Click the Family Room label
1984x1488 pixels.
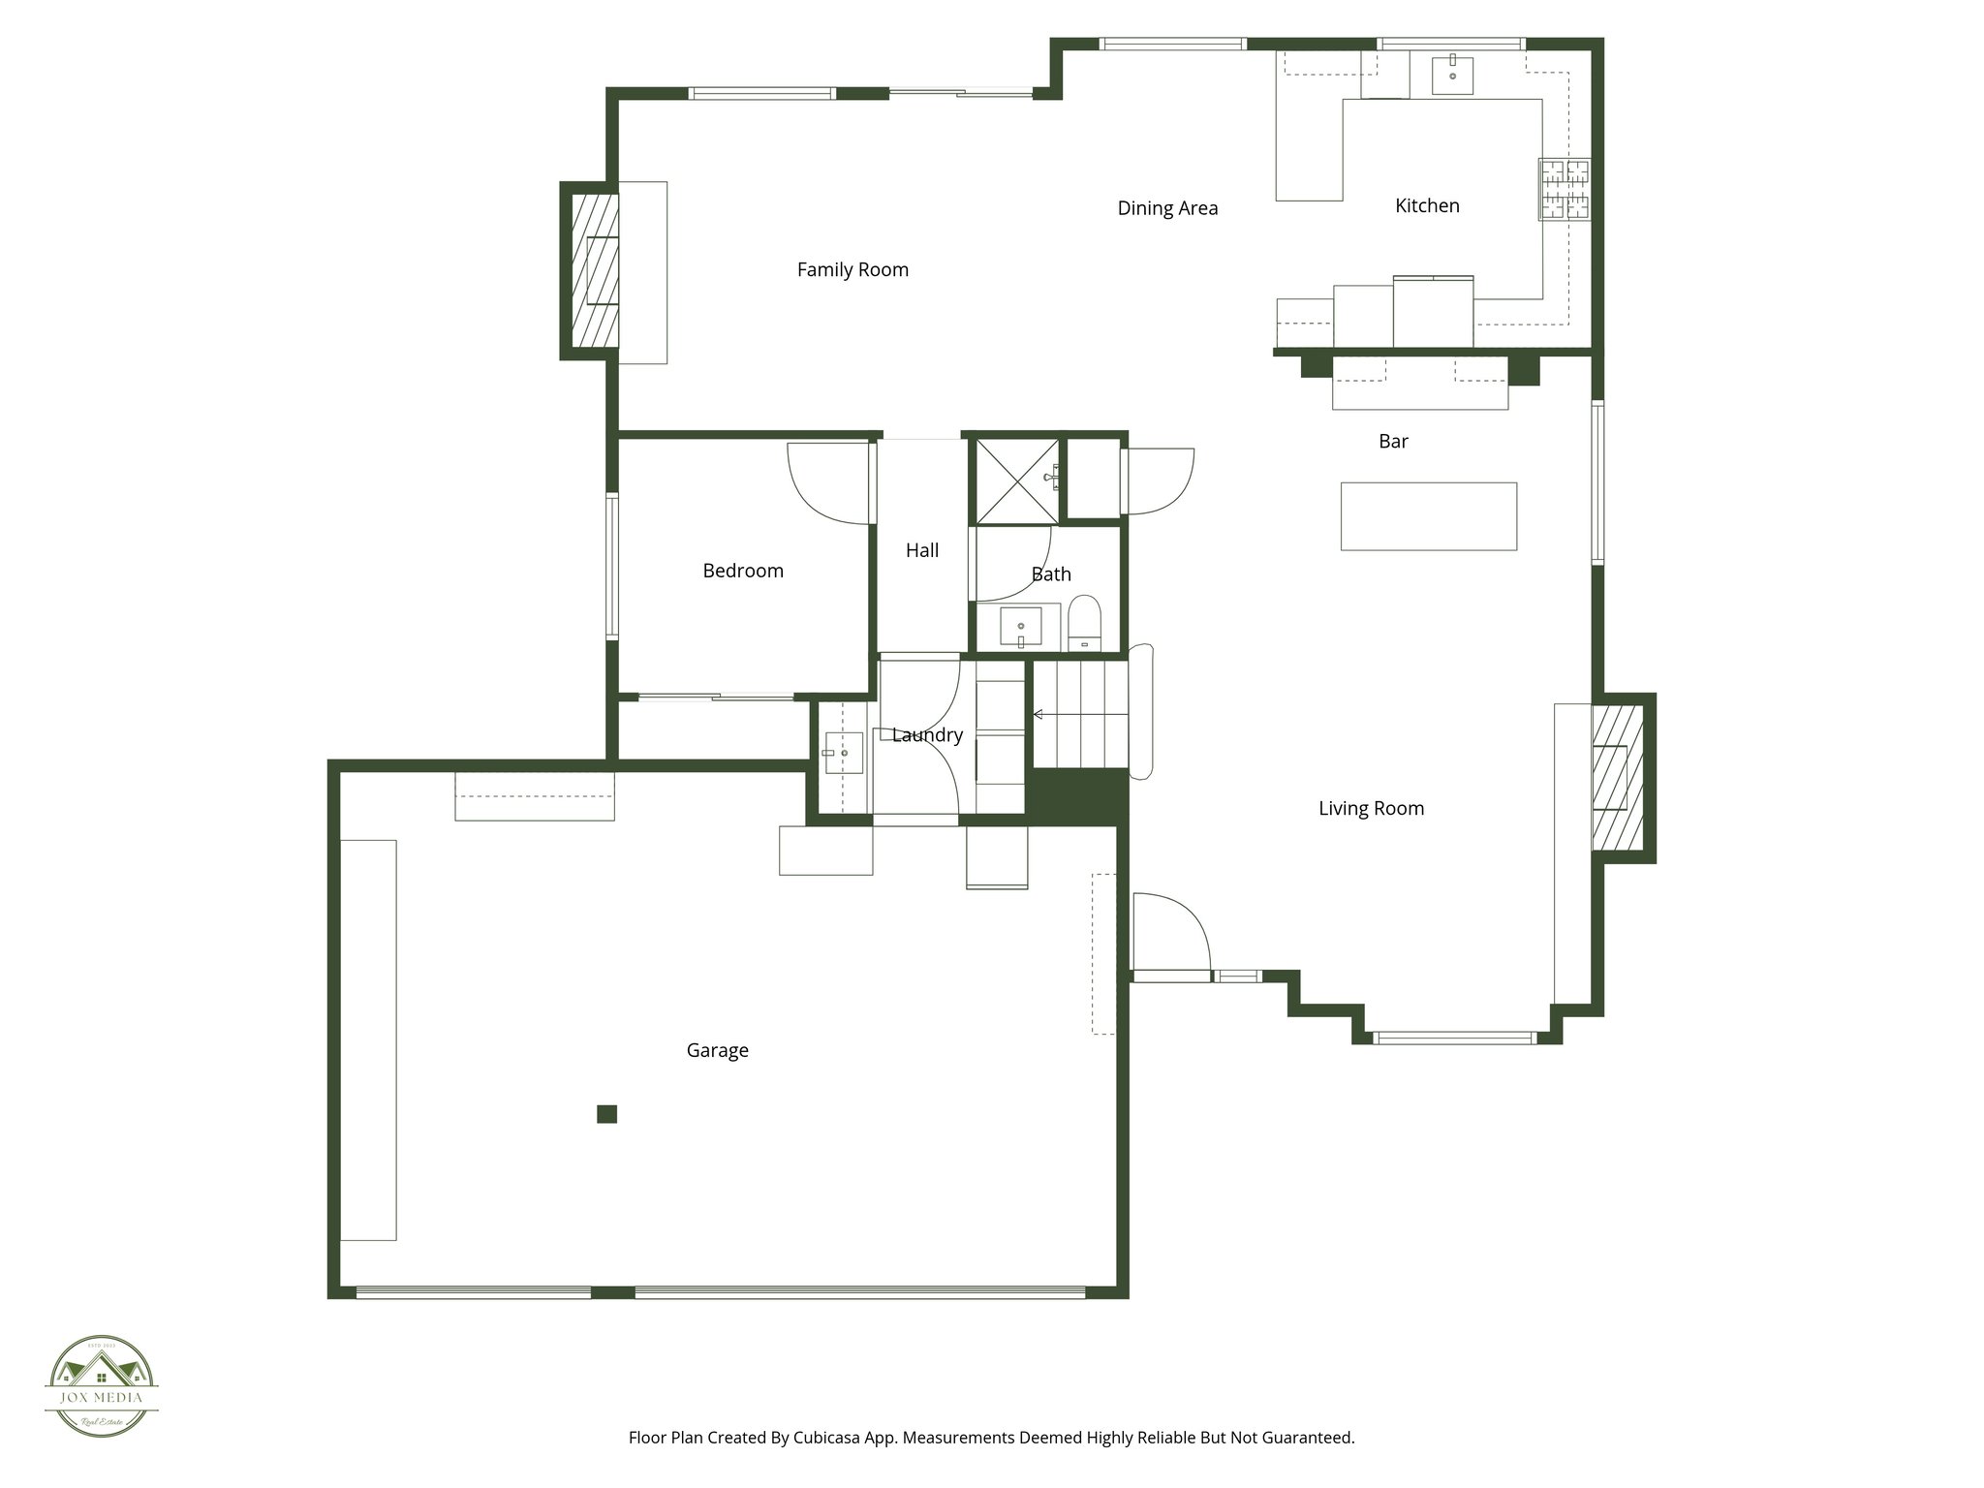[852, 269]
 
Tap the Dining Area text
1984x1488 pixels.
[1167, 208]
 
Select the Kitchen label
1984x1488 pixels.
[1427, 205]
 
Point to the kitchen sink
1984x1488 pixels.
[1452, 75]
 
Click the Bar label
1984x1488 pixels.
[1393, 442]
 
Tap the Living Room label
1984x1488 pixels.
[1371, 808]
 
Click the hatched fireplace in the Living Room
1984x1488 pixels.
[1619, 778]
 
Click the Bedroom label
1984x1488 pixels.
[743, 571]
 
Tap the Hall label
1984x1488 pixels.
[922, 550]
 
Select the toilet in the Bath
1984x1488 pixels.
[1084, 622]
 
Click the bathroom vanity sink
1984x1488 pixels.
[1019, 627]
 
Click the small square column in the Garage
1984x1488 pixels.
[607, 1114]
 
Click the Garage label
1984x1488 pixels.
[717, 1050]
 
